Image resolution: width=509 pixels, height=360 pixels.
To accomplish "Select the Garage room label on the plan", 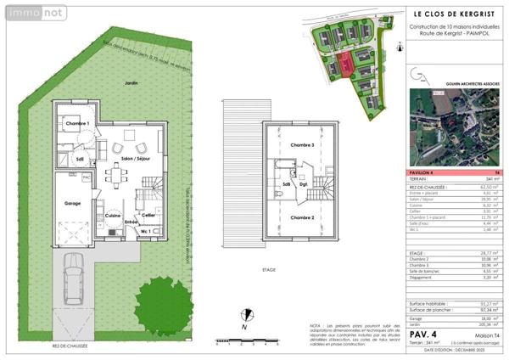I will (x=72, y=204).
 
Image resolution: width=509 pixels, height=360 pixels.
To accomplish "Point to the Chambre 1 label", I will (x=77, y=124).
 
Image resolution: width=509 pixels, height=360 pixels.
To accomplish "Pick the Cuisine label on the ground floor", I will (x=112, y=216).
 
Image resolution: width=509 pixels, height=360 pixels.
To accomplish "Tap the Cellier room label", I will (x=148, y=215).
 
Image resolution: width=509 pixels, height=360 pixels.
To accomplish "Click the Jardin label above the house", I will (x=131, y=83).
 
